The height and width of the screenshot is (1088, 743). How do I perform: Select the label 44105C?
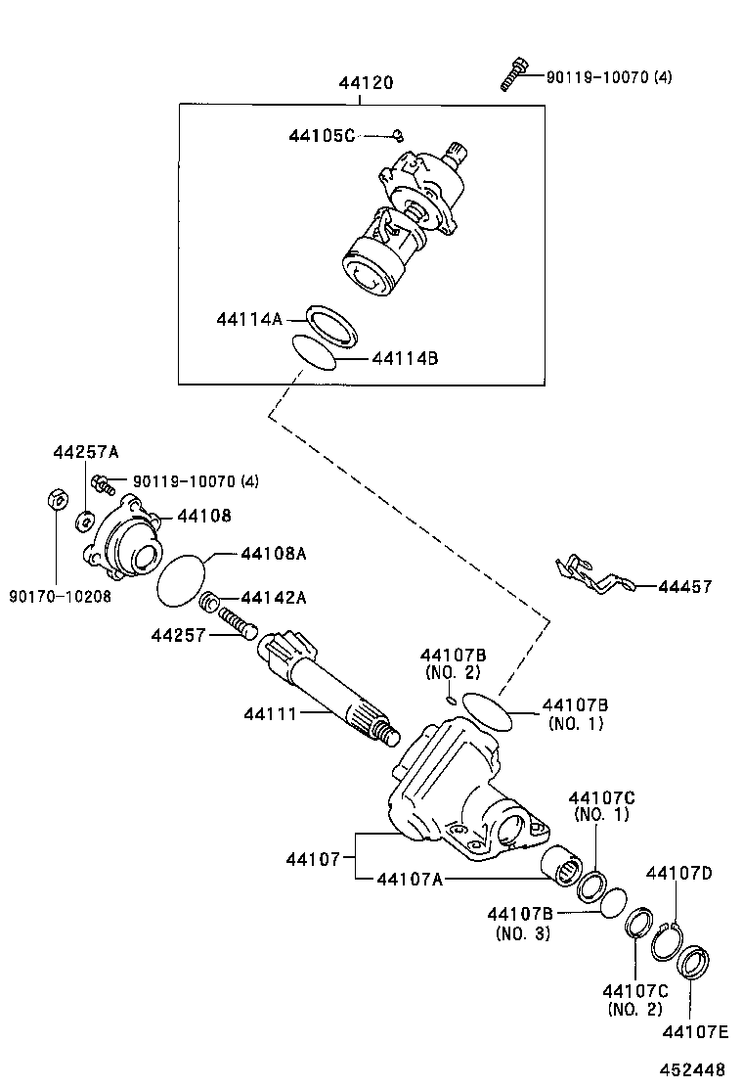tap(322, 135)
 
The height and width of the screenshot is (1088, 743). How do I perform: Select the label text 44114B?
tap(405, 359)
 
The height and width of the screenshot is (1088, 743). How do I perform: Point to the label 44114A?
tap(249, 319)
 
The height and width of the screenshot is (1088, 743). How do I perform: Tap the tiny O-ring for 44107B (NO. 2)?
tap(451, 700)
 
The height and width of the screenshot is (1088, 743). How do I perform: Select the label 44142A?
tap(274, 598)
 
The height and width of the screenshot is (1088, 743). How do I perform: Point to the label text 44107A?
tap(410, 879)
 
